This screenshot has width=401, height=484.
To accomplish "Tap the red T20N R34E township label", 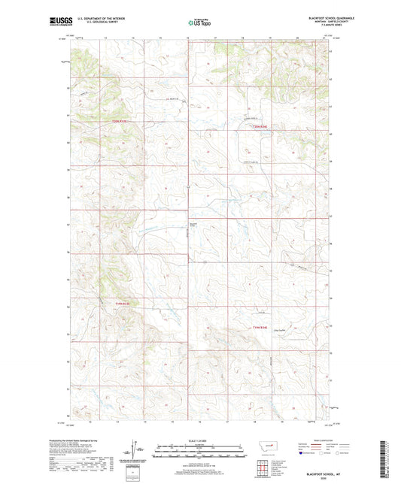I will click(259, 126).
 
